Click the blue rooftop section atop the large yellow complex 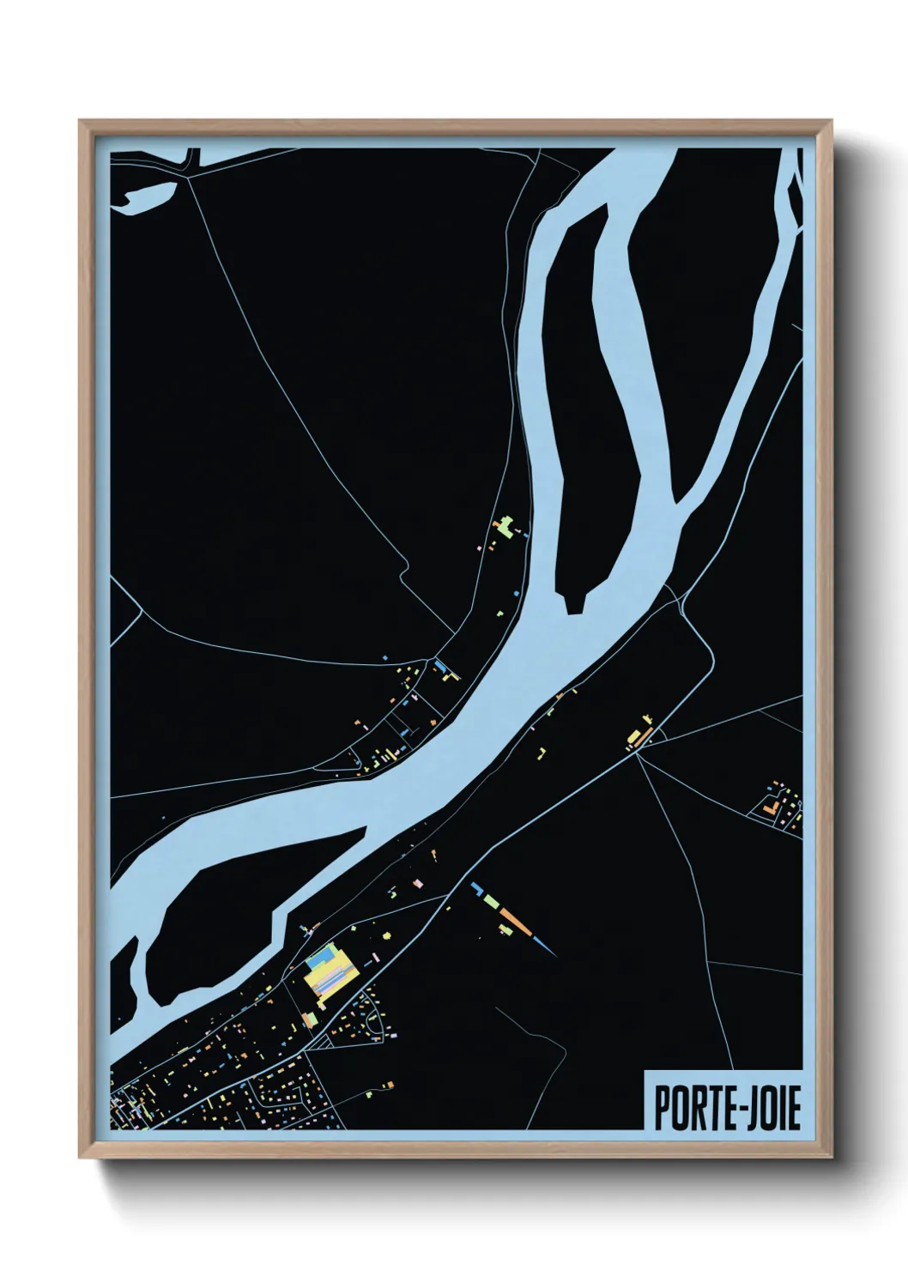324,953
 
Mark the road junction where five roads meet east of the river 639,748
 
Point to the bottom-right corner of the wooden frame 832,1157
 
